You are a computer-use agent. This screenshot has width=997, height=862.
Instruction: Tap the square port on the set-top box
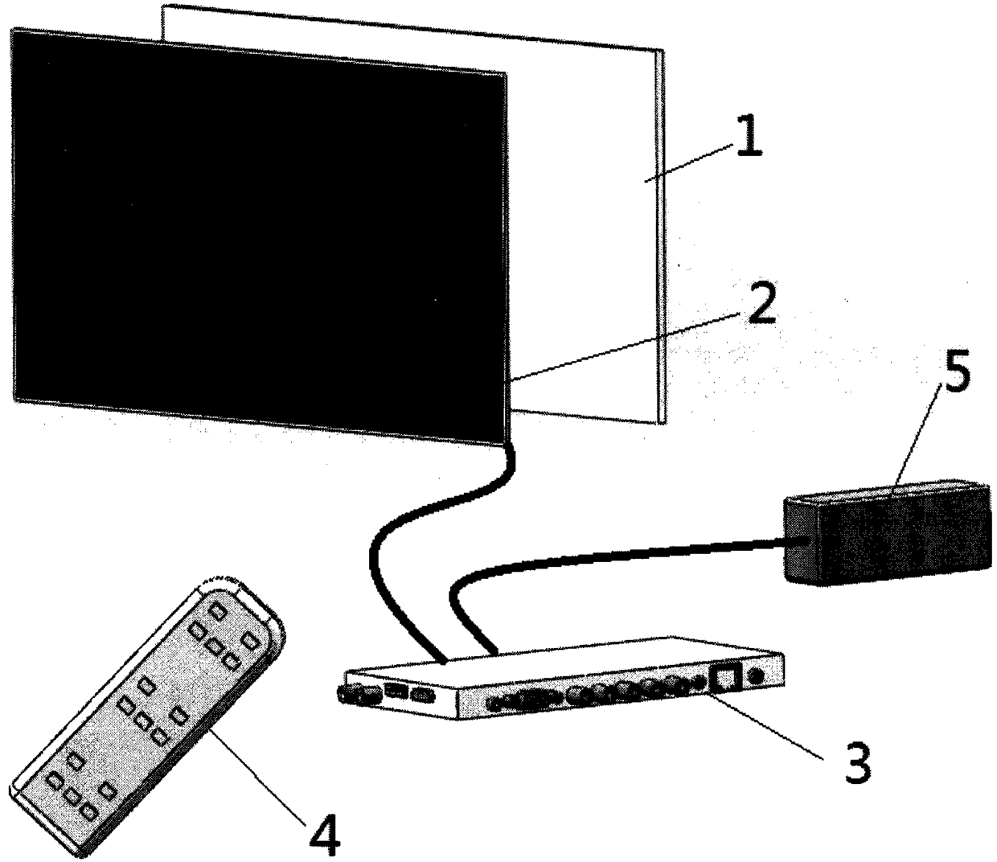click(x=726, y=676)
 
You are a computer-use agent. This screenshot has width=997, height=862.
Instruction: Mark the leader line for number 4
click(x=257, y=772)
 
